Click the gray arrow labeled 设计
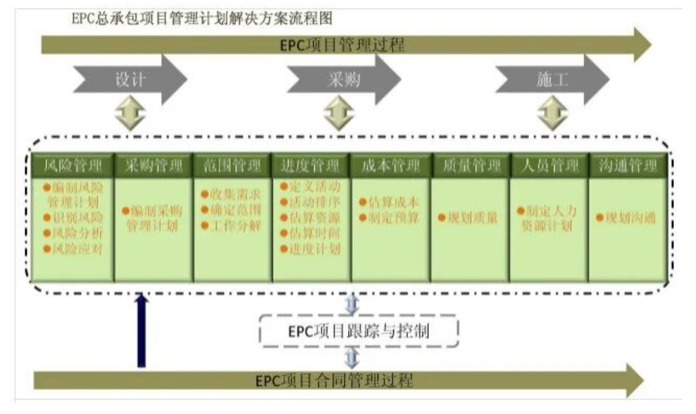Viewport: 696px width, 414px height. [130, 80]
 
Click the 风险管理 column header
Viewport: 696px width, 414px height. [73, 167]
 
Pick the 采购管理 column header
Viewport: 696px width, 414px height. [153, 167]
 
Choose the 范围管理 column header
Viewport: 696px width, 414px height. [232, 167]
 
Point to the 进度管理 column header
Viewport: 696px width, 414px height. [311, 167]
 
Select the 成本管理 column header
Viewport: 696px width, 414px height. [390, 167]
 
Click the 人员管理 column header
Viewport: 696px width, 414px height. [548, 167]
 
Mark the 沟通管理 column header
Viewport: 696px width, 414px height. [627, 167]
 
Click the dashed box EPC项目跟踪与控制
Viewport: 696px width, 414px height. [358, 332]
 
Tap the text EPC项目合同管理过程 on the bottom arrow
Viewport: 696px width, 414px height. [335, 381]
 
